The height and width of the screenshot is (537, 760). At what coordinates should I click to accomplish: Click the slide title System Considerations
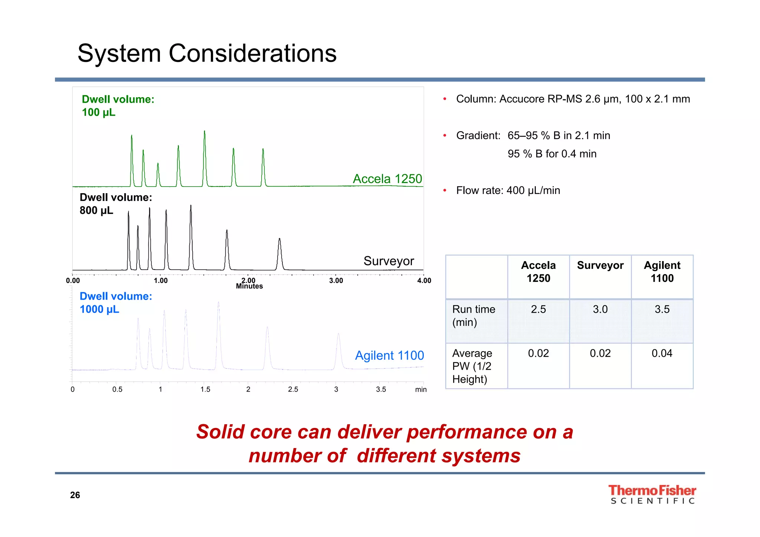point(207,53)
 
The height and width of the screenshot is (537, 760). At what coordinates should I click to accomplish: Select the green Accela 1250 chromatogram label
point(387,179)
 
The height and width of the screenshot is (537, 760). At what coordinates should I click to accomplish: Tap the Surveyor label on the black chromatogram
point(388,261)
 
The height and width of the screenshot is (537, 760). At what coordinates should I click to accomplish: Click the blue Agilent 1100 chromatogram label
point(389,355)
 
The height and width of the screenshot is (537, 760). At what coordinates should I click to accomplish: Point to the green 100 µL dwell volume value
point(98,112)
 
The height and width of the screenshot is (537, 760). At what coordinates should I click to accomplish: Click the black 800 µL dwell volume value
point(96,211)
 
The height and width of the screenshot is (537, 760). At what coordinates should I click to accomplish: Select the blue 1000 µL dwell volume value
point(99,309)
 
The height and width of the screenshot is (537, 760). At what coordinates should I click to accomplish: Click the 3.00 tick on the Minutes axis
point(336,281)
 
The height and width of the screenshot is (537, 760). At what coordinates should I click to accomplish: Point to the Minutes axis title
point(249,286)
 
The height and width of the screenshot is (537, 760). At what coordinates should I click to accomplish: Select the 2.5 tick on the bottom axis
point(293,389)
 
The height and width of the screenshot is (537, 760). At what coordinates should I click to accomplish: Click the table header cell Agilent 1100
point(662,272)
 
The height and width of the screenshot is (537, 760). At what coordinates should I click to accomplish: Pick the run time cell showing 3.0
point(600,309)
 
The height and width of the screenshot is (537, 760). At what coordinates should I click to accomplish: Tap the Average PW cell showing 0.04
point(662,353)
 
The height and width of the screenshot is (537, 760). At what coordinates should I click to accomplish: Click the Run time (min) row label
point(474,316)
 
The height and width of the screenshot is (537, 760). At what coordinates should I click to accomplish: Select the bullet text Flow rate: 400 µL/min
point(508,190)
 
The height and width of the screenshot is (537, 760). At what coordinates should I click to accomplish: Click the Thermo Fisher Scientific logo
point(652,494)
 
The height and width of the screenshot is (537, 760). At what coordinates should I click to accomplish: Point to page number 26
point(75,495)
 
